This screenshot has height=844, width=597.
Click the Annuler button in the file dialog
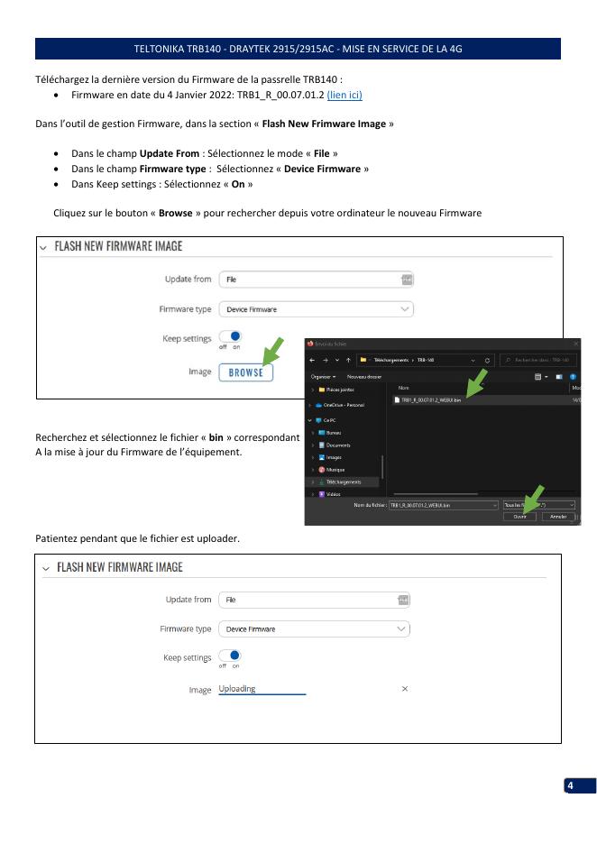coord(559,517)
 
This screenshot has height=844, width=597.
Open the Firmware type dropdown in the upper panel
coord(316,309)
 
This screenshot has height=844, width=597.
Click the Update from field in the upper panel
coord(316,280)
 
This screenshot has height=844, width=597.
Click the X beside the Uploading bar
coord(405,689)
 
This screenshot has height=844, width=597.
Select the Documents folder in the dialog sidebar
coord(339,445)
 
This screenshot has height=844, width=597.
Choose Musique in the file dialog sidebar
coord(338,470)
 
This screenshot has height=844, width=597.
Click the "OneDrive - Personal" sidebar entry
coord(345,405)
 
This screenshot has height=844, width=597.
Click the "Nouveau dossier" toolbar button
coord(364,376)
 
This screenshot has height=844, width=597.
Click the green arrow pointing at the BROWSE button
coord(273,353)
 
